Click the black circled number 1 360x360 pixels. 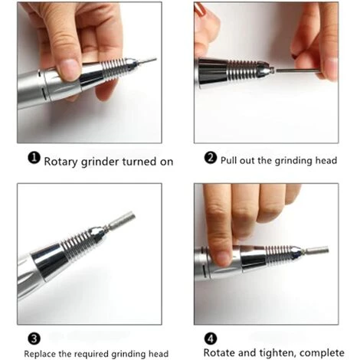[34, 158]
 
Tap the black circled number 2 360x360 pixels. [211, 158]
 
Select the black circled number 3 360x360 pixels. [34, 339]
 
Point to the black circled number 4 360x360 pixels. [211, 339]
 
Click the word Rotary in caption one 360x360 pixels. [61, 162]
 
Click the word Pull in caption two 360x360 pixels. [228, 161]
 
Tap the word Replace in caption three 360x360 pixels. [40, 354]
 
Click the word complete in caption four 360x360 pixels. [322, 353]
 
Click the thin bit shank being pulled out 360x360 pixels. [298, 70]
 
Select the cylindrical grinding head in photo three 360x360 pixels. [122, 219]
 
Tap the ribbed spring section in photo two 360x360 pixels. [242, 70]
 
